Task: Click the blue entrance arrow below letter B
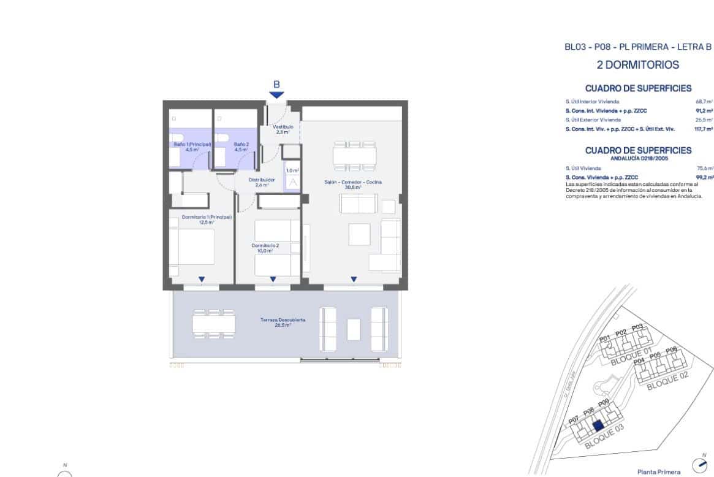277,95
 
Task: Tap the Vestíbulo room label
283,129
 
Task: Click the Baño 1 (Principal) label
193,147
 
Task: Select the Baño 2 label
240,147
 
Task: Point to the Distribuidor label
262,182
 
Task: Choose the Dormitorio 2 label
265,248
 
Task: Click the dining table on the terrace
214,322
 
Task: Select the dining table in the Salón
354,156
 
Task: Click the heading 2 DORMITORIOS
638,65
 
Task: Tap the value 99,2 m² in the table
705,177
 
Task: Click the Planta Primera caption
659,471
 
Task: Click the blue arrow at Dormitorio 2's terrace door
273,279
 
